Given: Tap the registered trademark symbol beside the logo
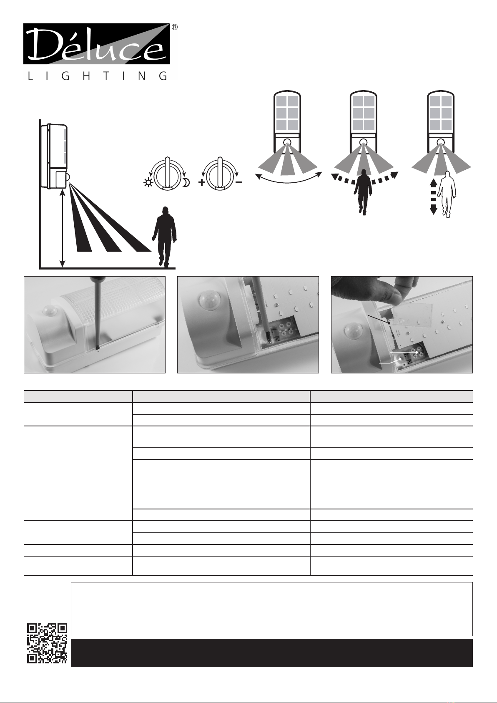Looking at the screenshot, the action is (x=175, y=27).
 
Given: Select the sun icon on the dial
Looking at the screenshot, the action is (x=147, y=182).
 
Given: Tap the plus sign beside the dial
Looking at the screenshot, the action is (x=202, y=182).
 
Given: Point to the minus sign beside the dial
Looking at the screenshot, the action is (x=238, y=182).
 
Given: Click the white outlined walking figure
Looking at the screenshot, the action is (x=447, y=194).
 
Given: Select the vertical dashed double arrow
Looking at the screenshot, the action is (x=433, y=197).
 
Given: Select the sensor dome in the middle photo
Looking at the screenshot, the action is (x=209, y=301).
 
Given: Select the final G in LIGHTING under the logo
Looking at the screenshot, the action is (x=163, y=76).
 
